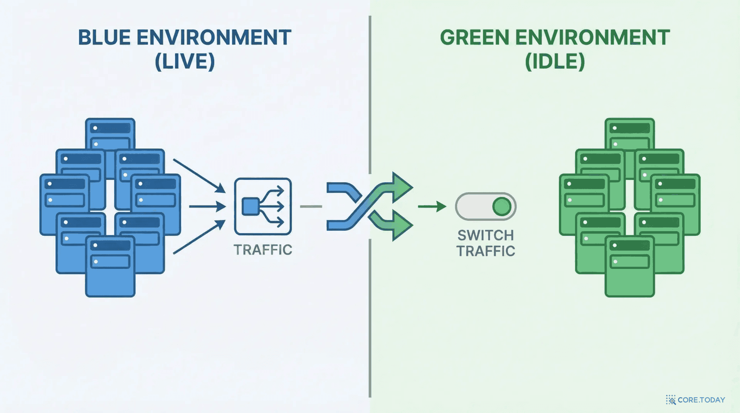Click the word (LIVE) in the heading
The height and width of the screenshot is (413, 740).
point(185,61)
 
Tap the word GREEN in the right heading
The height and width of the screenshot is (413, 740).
point(475,37)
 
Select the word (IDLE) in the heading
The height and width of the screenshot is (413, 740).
point(555,61)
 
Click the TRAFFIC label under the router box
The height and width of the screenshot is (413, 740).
point(263,250)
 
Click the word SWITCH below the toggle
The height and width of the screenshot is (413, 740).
point(486,235)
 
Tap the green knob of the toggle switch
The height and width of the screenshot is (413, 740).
point(502,206)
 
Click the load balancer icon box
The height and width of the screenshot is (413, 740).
point(263,206)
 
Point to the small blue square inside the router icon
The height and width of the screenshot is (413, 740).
point(250,206)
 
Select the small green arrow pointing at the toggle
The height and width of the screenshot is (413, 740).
point(432,206)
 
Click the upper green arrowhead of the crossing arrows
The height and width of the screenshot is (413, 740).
point(402,188)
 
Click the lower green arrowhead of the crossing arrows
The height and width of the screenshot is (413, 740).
point(402,225)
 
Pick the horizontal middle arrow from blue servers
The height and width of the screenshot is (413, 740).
point(207,206)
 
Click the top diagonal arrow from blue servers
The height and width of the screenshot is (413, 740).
point(199,176)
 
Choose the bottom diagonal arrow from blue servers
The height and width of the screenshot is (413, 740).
point(199,237)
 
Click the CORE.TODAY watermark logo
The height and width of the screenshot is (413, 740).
point(695,400)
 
